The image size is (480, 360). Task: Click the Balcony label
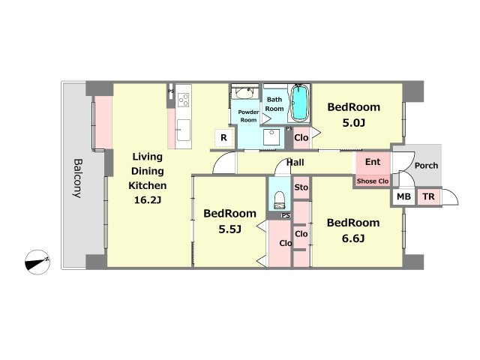click(78, 178)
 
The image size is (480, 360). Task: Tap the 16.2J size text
click(148, 200)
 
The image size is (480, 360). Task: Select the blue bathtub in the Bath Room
click(299, 103)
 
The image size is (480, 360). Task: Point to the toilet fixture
click(279, 200)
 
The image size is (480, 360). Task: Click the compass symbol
click(37, 262)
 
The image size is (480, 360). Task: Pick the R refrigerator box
click(223, 138)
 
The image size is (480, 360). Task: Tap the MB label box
click(403, 196)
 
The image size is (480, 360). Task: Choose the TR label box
click(428, 196)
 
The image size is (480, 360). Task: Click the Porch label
click(426, 166)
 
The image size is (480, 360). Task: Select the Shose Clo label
click(373, 181)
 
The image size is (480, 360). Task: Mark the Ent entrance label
click(373, 162)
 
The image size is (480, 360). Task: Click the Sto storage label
click(301, 187)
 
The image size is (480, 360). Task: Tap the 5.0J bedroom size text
click(353, 123)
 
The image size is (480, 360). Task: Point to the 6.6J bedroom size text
click(353, 238)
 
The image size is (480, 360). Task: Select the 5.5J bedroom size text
click(230, 229)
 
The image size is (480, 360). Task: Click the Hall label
click(295, 162)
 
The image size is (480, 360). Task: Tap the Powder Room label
click(248, 116)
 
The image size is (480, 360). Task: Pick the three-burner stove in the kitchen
click(183, 100)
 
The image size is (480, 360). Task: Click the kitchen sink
click(183, 130)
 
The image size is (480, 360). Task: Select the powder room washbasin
click(244, 93)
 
